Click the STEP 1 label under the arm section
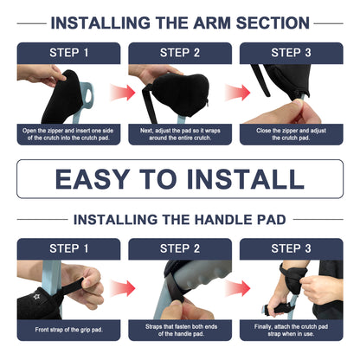click(68, 53)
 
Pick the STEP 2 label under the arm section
click(180, 53)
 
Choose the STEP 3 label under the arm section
click(292, 53)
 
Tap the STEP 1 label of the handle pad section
click(68, 249)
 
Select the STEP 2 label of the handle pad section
click(180, 249)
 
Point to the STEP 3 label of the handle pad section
click(292, 249)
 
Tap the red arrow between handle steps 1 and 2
click(124, 286)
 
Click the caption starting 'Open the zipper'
click(68, 134)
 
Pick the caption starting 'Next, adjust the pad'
click(180, 134)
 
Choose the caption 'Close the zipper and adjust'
click(292, 134)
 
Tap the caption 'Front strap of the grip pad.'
click(68, 330)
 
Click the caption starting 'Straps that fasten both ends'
click(180, 330)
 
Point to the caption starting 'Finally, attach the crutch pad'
click(292, 330)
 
